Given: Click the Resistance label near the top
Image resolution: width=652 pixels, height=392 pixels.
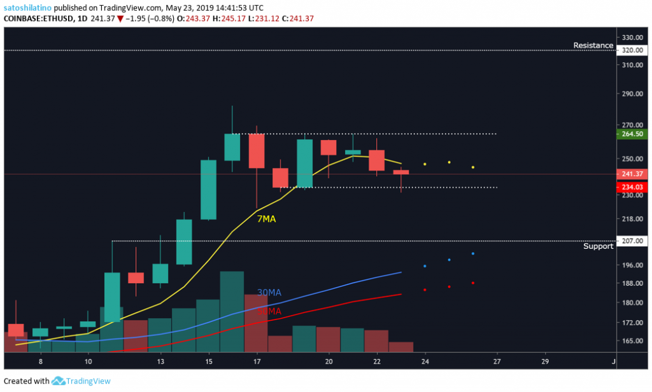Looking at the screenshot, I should (x=593, y=45).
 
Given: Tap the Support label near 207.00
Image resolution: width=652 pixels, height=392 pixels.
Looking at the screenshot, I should (x=598, y=246).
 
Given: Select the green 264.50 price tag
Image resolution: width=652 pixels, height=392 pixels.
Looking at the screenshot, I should (x=632, y=134).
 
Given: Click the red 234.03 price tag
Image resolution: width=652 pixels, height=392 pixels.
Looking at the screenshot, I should (x=632, y=187).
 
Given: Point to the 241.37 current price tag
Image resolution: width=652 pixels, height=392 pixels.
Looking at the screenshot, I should (x=632, y=174).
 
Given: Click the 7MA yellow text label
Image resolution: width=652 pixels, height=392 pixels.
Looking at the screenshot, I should (x=266, y=218).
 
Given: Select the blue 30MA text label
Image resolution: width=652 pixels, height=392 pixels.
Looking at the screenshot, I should (x=269, y=293).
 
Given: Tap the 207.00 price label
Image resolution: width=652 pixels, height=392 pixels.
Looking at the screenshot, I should (x=632, y=241).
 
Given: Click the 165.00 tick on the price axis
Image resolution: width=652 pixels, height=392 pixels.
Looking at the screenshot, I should (x=632, y=340).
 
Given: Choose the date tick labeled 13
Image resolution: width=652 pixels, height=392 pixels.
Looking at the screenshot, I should (x=160, y=361).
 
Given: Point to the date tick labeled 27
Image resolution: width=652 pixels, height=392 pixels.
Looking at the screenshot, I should (x=497, y=361).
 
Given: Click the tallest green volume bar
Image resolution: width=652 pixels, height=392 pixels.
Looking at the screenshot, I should (x=232, y=311).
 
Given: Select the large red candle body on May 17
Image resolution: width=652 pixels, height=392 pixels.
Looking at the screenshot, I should (x=257, y=151).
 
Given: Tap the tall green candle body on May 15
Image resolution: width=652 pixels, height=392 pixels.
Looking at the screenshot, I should (x=208, y=190).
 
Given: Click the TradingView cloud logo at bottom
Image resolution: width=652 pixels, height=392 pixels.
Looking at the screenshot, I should (x=59, y=381).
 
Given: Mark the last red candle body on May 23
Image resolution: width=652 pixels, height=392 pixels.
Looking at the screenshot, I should (x=401, y=172).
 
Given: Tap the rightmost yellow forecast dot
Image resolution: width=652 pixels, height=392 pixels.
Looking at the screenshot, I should (x=473, y=167).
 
